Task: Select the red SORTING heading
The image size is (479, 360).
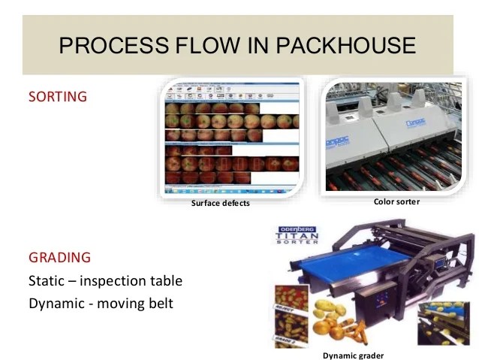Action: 58,97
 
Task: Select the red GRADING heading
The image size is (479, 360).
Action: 60,257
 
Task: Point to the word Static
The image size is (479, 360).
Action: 50,281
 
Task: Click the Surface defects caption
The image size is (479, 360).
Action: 220,203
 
